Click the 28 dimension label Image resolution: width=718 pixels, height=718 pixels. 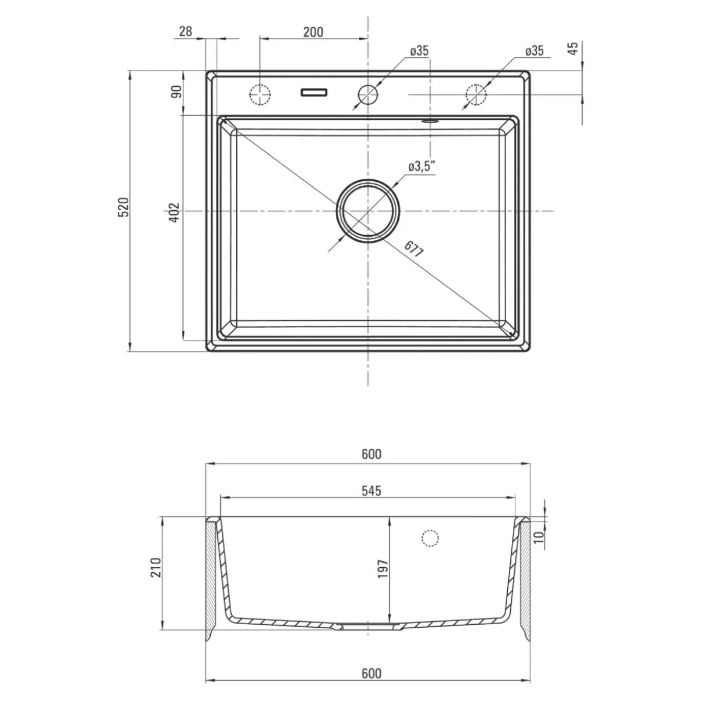point(185,32)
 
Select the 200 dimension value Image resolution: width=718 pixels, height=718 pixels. point(313,32)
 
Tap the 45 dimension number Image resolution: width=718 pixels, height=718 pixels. point(574,48)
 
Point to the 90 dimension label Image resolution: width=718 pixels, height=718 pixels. point(176,91)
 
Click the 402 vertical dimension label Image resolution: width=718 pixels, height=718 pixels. point(174,213)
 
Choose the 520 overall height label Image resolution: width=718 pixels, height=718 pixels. point(123,207)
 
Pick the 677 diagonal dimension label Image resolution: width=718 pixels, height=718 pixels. point(414,248)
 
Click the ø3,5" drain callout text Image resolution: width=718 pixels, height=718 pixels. point(422,166)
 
